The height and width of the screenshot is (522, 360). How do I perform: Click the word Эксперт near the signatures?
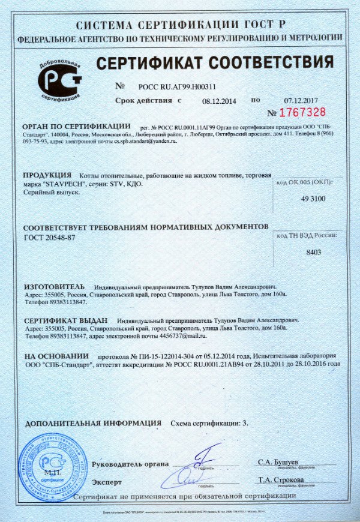[107, 481]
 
